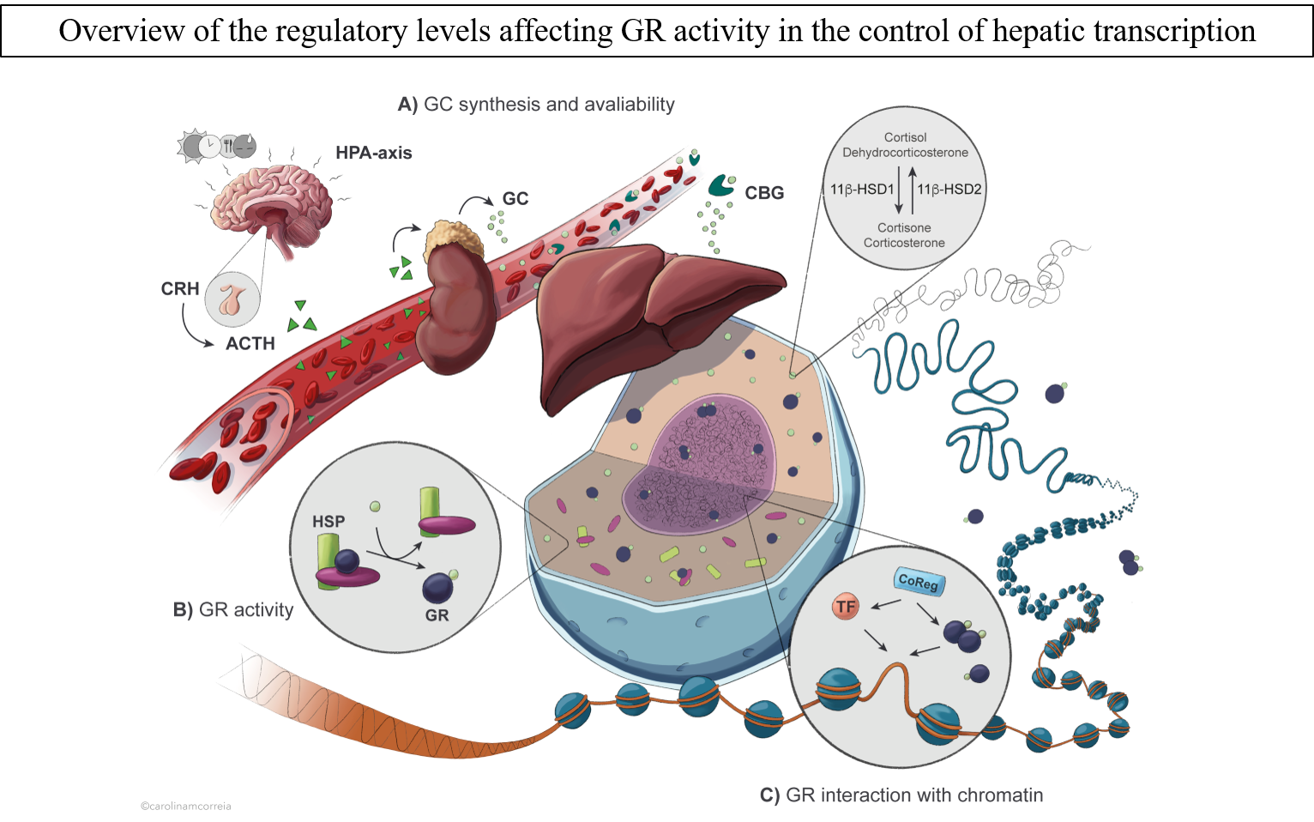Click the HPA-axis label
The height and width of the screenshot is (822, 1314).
[x=373, y=153]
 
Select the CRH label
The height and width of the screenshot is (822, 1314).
[x=180, y=289]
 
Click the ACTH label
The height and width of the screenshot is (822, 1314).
[x=250, y=343]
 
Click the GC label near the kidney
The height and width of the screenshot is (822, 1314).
[x=515, y=198]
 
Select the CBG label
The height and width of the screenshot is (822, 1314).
[x=764, y=193]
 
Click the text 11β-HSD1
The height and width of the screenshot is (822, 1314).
[x=862, y=190]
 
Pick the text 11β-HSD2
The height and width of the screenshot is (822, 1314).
[x=949, y=190]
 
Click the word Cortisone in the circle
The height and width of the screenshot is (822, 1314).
[x=904, y=227]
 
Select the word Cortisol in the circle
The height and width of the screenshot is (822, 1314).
[x=905, y=137]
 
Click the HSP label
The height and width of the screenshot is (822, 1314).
[x=328, y=521]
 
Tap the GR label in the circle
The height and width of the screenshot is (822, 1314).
[x=437, y=615]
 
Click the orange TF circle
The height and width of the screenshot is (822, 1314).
[x=846, y=607]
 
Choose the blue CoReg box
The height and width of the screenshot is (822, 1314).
[x=919, y=582]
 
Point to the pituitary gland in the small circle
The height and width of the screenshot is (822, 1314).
[x=232, y=299]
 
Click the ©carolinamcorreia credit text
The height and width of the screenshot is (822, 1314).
[x=186, y=806]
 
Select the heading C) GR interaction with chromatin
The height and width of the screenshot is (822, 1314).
[x=901, y=795]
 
